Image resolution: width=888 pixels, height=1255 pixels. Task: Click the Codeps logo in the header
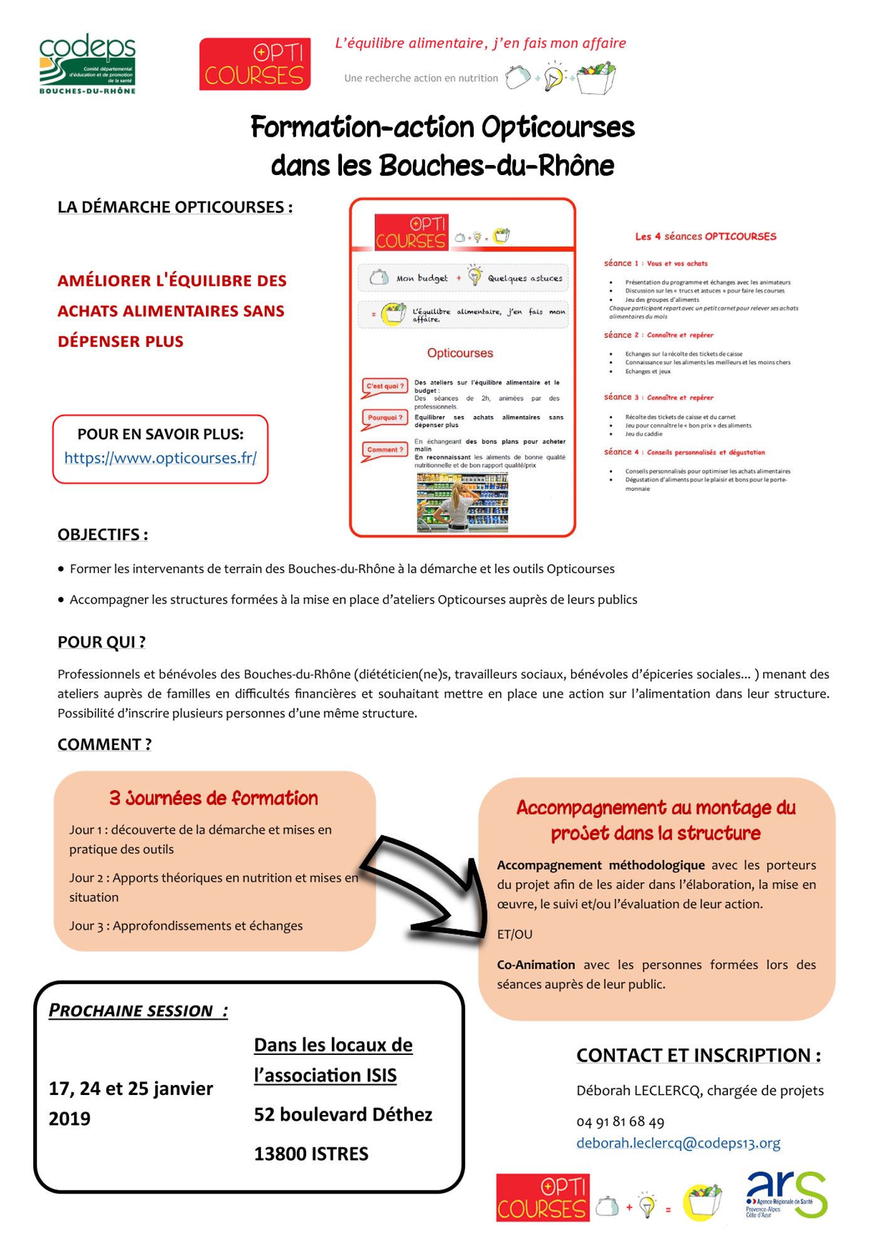click(87, 63)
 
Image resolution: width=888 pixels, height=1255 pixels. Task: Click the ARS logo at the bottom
click(786, 1194)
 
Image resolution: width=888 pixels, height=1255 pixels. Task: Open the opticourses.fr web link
click(160, 458)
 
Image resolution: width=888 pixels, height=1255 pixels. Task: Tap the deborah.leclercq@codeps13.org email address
click(678, 1143)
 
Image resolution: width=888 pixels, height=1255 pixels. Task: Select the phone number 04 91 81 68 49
click(620, 1121)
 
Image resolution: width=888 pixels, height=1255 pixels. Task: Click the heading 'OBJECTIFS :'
click(103, 535)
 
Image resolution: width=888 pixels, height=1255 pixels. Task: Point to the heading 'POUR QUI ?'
click(102, 642)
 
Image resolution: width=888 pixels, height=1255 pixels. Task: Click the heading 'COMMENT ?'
click(105, 744)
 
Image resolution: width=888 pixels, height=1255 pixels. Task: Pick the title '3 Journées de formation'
click(213, 798)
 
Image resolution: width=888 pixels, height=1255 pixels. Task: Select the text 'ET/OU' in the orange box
click(515, 934)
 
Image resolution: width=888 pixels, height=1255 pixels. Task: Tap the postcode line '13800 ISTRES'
click(311, 1154)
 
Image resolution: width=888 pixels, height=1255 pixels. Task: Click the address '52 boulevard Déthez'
click(343, 1114)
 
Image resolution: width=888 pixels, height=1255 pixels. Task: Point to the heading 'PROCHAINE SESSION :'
click(138, 1011)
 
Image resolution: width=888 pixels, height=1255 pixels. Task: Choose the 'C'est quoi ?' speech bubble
click(385, 387)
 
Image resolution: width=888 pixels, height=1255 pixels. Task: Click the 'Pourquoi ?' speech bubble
click(385, 418)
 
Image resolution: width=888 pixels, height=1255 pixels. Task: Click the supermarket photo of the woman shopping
click(463, 503)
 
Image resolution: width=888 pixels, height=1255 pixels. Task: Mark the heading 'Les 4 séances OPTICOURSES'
click(705, 237)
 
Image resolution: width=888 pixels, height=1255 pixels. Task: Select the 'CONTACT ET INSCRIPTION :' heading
click(698, 1055)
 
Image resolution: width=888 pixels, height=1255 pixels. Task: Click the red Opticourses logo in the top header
click(255, 64)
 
